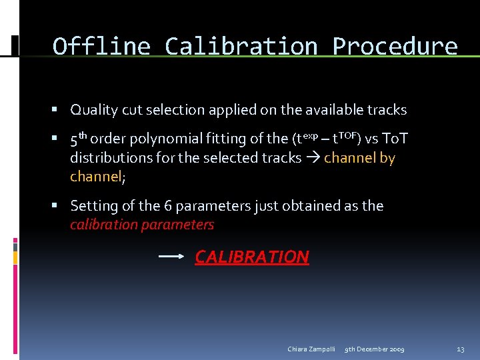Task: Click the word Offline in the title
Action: pos(101,47)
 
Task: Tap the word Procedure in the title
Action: pos(395,47)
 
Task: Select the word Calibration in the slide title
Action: pos(241,47)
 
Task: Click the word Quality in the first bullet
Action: pos(93,109)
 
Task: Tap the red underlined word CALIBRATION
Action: pos(252,257)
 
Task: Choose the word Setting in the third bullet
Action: pos(93,205)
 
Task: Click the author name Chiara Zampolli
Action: pos(311,349)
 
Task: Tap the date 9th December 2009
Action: pos(374,349)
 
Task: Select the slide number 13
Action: pos(460,349)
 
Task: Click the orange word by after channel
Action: pos(387,158)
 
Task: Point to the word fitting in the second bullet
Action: pos(210,139)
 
